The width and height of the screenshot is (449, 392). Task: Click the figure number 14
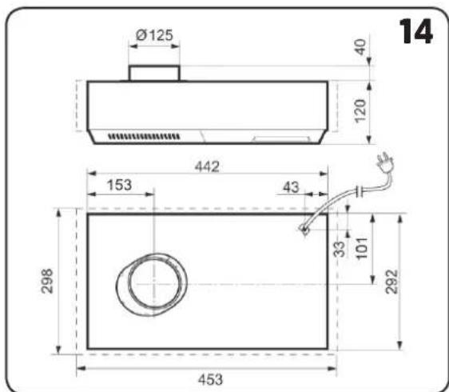point(415,31)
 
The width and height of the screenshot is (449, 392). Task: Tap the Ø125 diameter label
point(154,35)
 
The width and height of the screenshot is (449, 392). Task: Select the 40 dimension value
point(360,46)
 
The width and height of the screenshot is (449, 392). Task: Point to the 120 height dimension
point(360,111)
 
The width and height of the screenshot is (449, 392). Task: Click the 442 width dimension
point(207,166)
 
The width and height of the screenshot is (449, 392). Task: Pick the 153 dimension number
point(119,185)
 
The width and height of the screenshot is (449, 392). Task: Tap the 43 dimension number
point(291,187)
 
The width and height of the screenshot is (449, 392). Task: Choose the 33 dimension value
point(340,250)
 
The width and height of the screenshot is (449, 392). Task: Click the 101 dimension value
point(362,248)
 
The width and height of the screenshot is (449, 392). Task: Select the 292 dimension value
point(391,282)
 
